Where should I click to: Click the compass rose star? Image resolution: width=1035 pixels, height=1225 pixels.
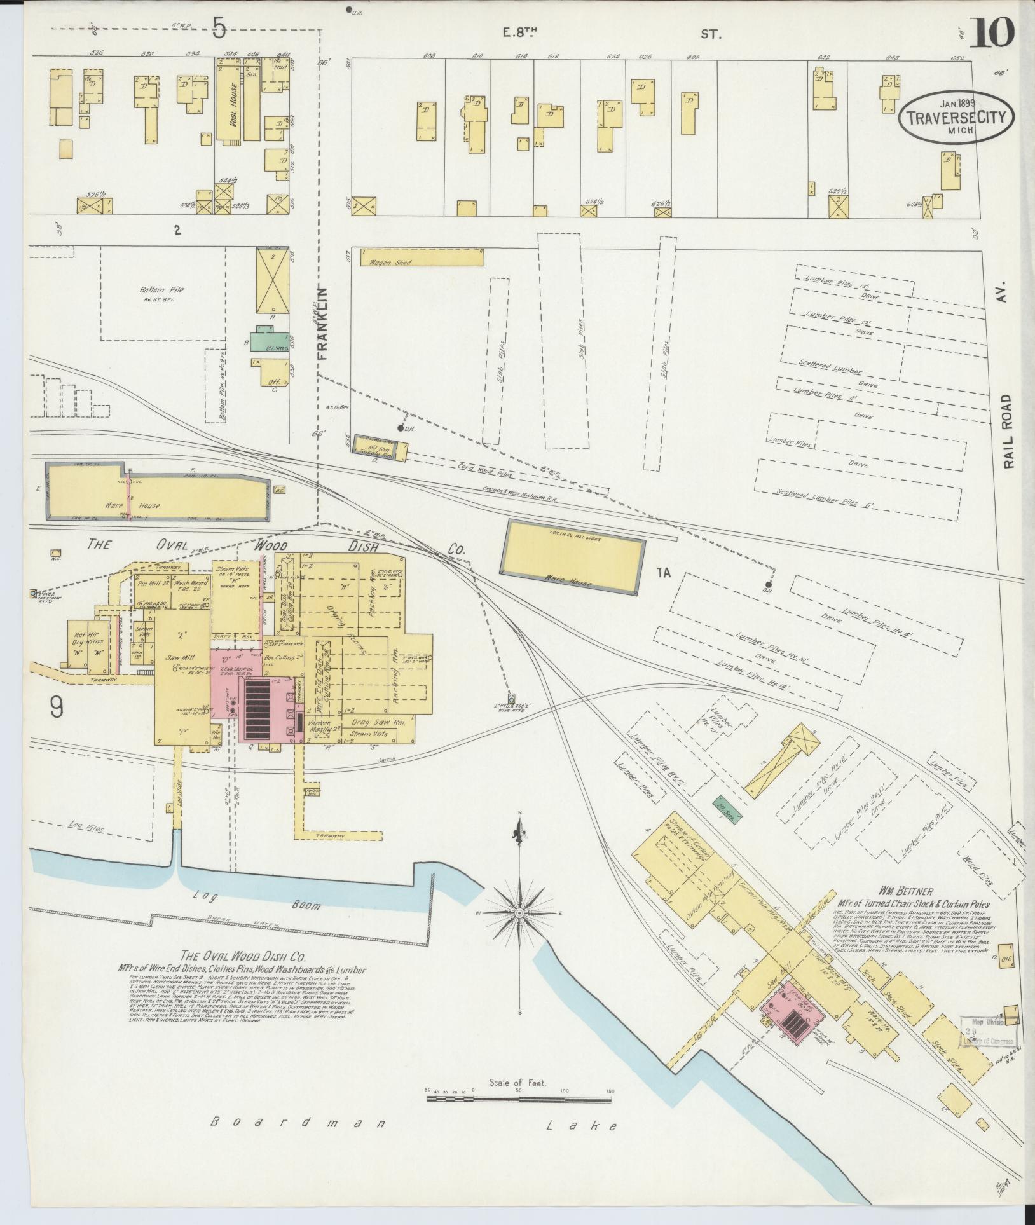[x=520, y=913]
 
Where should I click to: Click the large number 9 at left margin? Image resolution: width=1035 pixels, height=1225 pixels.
[x=57, y=708]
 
